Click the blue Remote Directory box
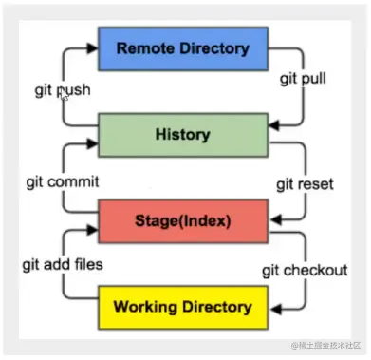tap(183, 48)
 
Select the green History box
tap(182, 136)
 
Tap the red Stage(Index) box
tap(182, 223)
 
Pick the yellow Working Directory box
tap(182, 307)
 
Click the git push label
tap(63, 92)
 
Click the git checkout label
tap(305, 271)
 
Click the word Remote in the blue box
tap(149, 48)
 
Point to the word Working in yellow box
tap(143, 307)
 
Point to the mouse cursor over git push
tap(63, 94)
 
